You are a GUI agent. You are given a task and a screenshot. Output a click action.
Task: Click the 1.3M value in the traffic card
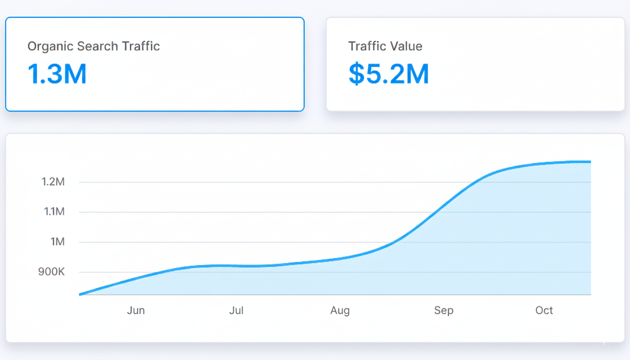57,74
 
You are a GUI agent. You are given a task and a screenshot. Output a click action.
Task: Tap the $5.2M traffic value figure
389,74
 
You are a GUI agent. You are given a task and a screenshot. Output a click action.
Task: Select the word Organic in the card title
50,46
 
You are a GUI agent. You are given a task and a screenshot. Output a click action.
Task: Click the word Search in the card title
97,46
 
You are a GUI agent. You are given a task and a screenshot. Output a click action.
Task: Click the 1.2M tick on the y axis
53,182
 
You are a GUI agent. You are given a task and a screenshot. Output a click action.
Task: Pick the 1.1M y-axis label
54,212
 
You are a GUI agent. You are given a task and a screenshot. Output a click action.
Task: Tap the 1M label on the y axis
57,242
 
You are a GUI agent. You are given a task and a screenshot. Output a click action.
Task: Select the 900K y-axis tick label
52,272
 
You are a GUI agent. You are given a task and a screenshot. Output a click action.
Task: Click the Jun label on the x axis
136,310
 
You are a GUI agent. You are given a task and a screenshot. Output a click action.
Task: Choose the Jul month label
237,310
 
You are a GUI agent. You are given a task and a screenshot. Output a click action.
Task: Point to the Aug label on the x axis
340,310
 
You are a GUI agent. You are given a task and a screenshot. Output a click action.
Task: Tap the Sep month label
443,310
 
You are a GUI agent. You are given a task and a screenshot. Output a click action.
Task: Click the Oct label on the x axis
544,310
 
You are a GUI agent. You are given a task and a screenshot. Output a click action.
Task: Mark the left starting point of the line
80,294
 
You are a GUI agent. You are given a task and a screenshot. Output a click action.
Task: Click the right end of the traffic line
590,162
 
